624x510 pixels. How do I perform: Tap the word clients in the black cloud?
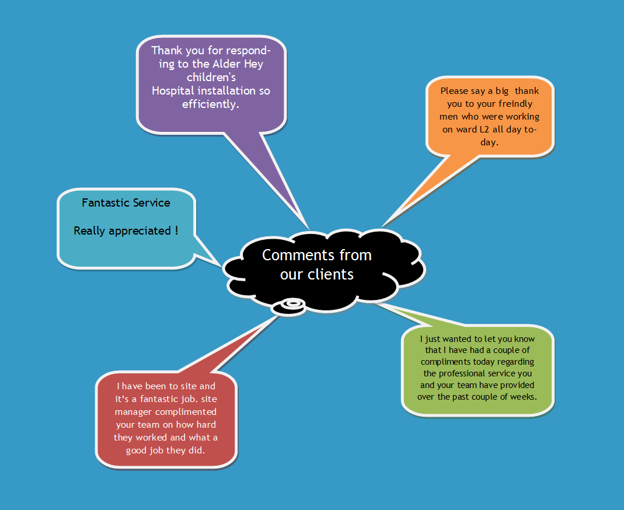[x=330, y=274]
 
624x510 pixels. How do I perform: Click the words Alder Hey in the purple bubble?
[x=238, y=64]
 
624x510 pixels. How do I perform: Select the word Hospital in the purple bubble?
[x=173, y=91]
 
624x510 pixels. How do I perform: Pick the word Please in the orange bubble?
[x=454, y=91]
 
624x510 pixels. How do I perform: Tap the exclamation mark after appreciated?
[x=176, y=230]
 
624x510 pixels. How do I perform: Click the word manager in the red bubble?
[x=131, y=412]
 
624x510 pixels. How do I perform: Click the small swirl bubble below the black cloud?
[x=288, y=307]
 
